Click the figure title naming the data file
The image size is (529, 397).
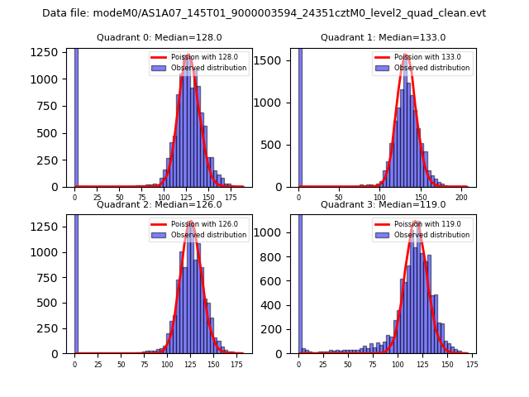(264, 13)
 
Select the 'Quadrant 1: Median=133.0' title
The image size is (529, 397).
(383, 37)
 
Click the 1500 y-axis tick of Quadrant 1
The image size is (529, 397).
(274, 60)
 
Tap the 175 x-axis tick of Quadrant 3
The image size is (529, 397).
(471, 363)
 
